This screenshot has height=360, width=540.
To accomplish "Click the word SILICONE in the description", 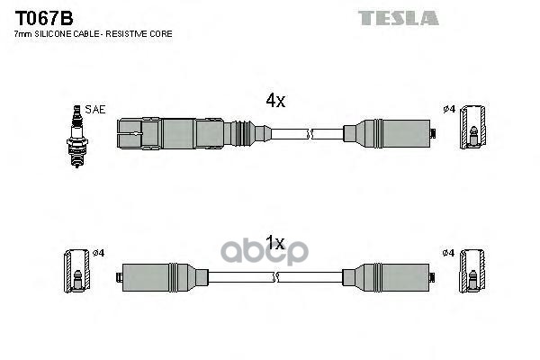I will pos(54,33).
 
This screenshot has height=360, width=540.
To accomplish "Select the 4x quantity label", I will pos(275,102).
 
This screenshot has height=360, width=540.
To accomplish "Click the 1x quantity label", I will pos(275,243).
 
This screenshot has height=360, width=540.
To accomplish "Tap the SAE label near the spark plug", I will pos(96,109).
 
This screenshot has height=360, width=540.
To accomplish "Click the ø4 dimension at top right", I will pos(448,110).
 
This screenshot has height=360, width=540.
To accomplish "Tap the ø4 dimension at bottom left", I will pos(98,252).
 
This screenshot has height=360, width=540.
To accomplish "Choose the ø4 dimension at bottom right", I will pos(448,252).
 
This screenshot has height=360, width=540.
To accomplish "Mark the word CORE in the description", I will pos(160,33).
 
